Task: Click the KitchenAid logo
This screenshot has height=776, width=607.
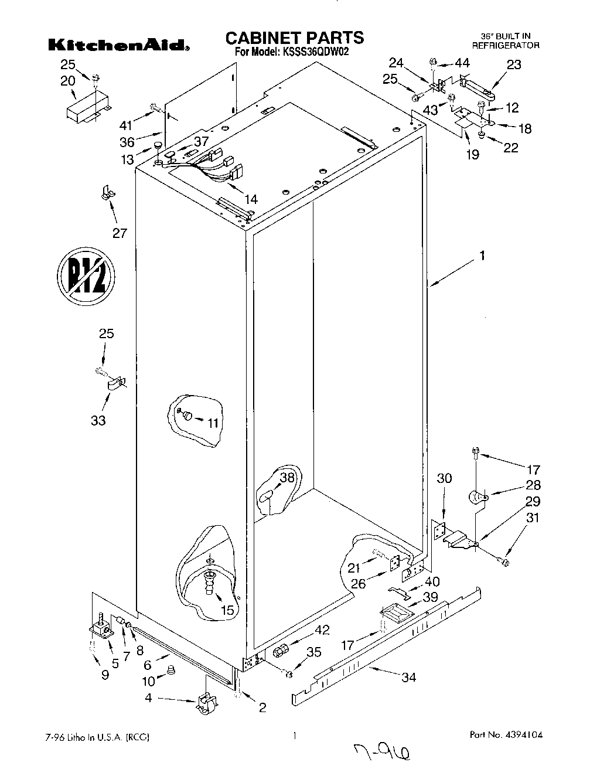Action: pos(118,45)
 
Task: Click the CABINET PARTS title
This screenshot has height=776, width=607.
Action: pos(295,38)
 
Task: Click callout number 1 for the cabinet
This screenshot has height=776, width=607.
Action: pos(482,256)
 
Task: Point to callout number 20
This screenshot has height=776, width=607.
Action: pos(68,80)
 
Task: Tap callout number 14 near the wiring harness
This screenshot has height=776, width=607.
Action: pos(250,199)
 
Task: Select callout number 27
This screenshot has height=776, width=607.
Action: pos(120,233)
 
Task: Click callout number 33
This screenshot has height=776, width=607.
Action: pos(98,420)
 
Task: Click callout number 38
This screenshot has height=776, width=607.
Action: pos(287,478)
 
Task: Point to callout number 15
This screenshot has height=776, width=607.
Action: pos(227,610)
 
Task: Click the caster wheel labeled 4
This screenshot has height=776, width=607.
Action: pos(204,703)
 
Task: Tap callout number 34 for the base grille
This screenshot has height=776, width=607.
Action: pos(408,678)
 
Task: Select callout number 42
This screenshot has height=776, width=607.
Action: pos(322,630)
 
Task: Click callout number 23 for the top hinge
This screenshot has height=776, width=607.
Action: pos(514,65)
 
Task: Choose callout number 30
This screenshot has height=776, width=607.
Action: pos(445,479)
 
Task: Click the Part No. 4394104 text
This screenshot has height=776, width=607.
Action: pos(510,735)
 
